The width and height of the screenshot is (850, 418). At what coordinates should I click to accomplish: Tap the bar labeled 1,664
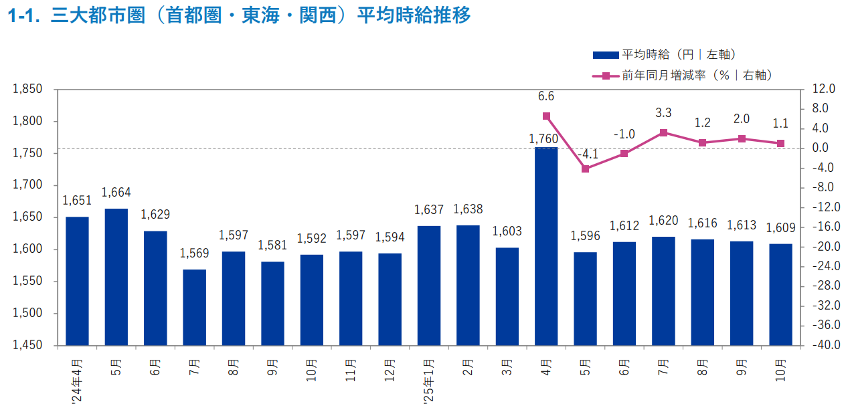point(116,277)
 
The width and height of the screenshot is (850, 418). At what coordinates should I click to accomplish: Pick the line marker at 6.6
point(546,116)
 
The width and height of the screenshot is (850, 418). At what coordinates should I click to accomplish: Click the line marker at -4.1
point(585,169)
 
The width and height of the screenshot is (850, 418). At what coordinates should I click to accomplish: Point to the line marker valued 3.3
point(663,132)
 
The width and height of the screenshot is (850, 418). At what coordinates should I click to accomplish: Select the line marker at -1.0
point(624,153)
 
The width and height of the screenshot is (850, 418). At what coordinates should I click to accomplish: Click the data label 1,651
point(77,200)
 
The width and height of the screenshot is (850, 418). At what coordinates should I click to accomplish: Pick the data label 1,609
point(780,227)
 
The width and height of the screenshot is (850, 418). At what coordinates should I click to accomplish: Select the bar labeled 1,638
point(468,285)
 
